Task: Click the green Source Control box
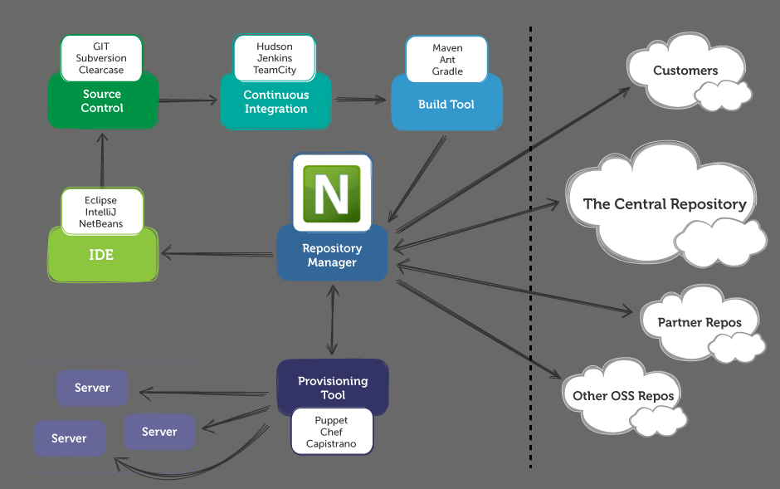pos(102,102)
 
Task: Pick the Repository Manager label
pos(332,256)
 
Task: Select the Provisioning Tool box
pos(332,388)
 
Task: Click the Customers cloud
pos(685,71)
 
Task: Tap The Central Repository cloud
pos(664,204)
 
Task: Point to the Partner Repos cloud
pos(700,322)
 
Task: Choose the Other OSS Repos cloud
pos(623,396)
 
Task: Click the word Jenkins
pos(275,59)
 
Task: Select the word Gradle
pos(447,71)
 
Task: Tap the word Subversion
pos(101,59)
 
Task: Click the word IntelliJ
pos(101,213)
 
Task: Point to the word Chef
pos(331,433)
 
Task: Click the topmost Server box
pos(92,388)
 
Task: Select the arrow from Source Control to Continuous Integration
pos(188,100)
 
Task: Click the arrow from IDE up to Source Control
pos(101,159)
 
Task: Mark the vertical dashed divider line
pos(530,249)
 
